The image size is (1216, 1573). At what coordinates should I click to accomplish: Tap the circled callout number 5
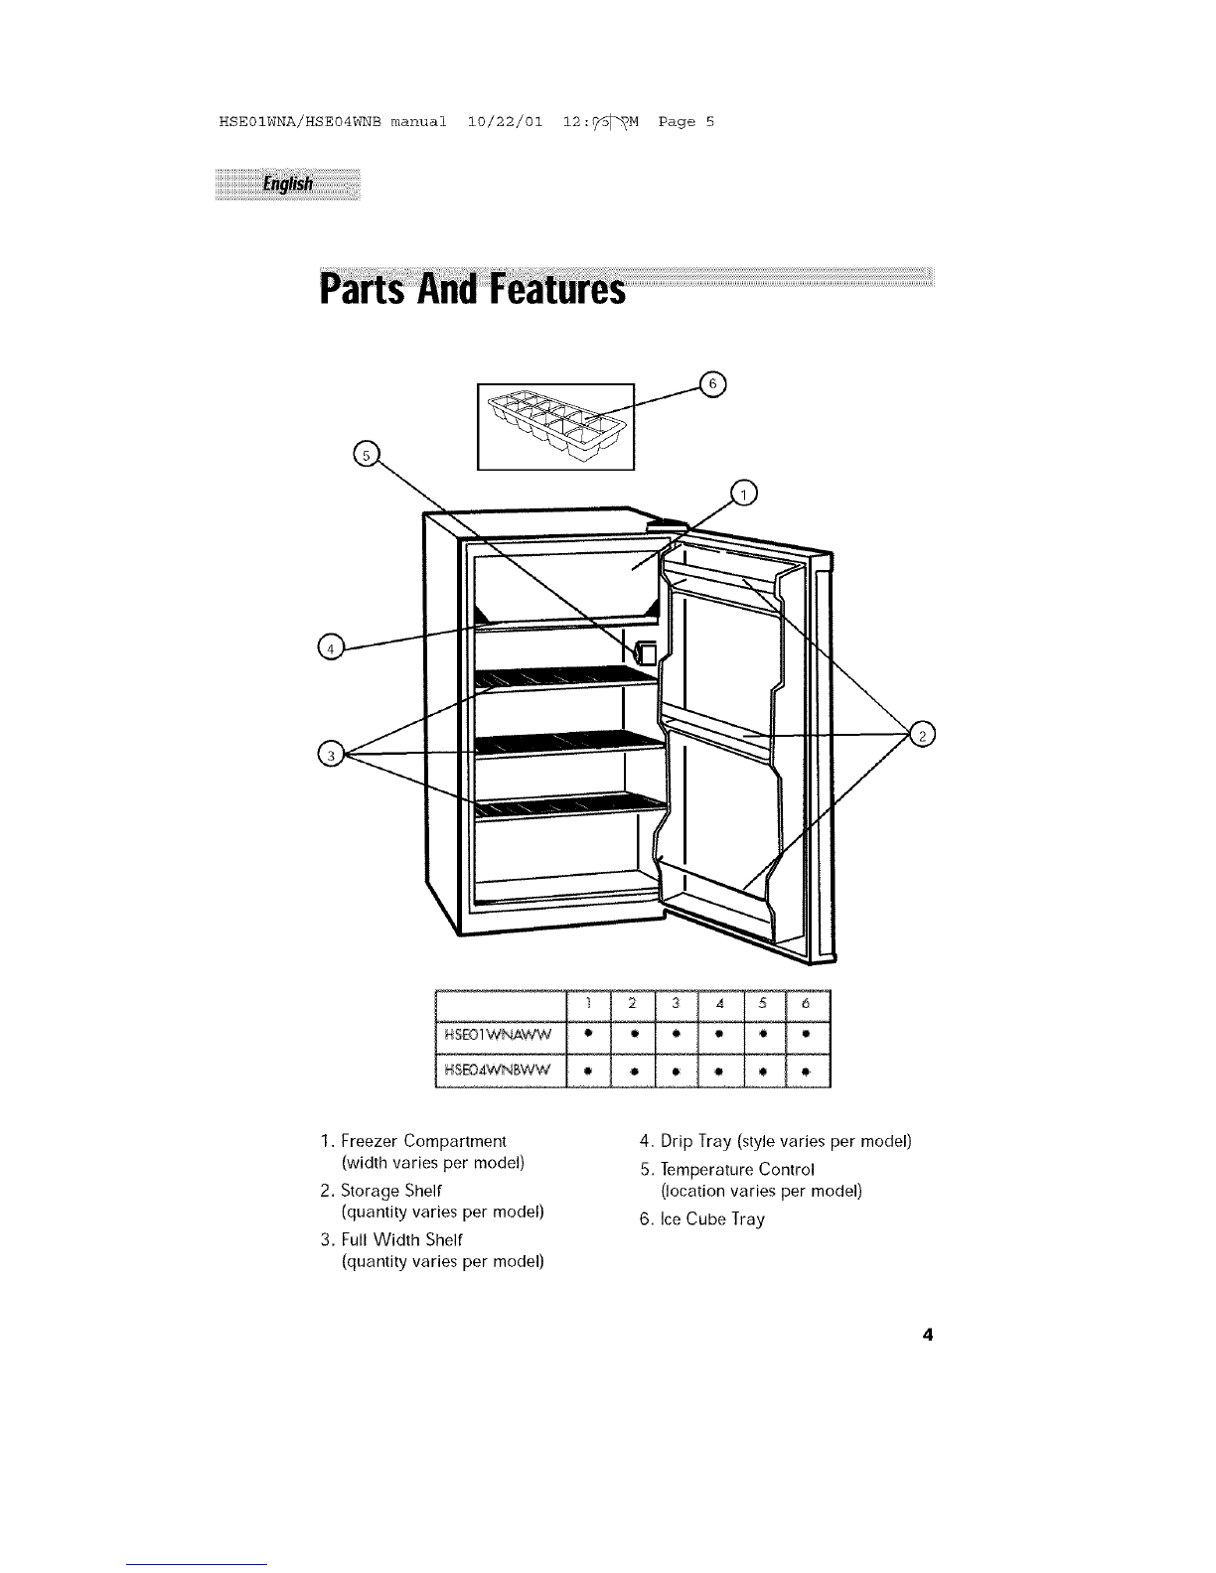(x=368, y=455)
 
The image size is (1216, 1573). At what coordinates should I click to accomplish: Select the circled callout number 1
(x=743, y=493)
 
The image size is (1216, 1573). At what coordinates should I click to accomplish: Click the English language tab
(x=287, y=185)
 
